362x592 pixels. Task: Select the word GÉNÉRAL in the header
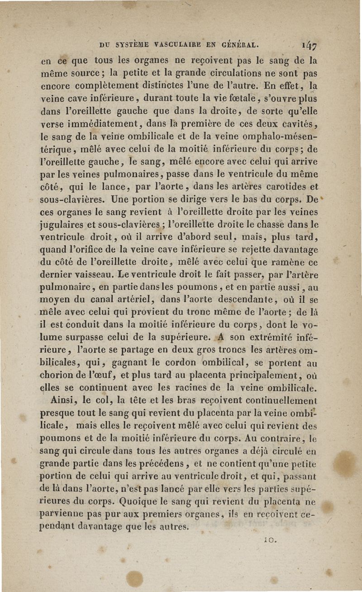[240, 45]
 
